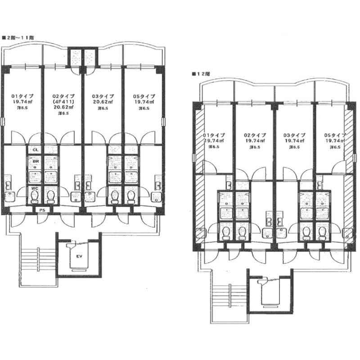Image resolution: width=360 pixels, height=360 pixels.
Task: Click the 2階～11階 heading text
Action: click(x=19, y=38)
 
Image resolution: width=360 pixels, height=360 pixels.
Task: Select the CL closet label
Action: click(x=35, y=150)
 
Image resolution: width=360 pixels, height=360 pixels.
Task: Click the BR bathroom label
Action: click(x=35, y=160)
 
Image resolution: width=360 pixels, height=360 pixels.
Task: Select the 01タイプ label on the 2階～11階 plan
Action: click(x=22, y=96)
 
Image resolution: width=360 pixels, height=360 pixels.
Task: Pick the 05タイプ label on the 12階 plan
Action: click(x=335, y=135)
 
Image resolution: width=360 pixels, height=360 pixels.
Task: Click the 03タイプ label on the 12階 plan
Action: click(x=294, y=135)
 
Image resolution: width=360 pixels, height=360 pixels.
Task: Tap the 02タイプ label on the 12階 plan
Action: click(x=255, y=135)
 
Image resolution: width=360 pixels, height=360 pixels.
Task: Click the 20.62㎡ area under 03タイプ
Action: click(x=103, y=102)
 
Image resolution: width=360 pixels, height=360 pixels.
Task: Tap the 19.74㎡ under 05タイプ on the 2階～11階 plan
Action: click(x=144, y=102)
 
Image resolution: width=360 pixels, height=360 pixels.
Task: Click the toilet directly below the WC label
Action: click(x=34, y=196)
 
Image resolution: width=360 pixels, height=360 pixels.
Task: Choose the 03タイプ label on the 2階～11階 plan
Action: click(x=103, y=96)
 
